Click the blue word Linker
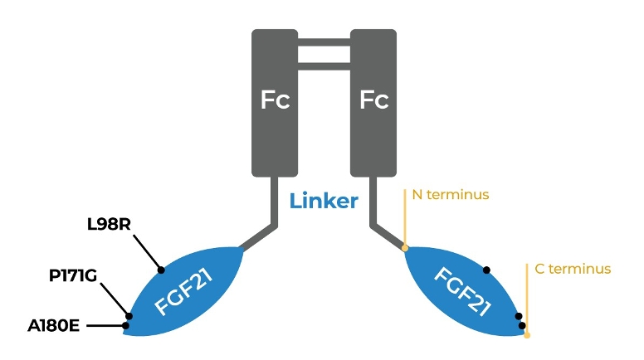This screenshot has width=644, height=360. [x=324, y=201]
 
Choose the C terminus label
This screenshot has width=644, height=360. [x=573, y=269]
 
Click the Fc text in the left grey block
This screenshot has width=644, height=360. [x=276, y=101]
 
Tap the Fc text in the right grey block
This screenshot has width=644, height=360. [x=373, y=101]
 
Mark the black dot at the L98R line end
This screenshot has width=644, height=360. [x=162, y=270]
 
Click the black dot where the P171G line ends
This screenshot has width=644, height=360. [x=129, y=315]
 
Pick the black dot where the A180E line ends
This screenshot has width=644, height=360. [x=125, y=325]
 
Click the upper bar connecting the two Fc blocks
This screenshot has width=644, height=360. [x=324, y=43]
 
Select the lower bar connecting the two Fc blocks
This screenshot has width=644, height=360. [x=324, y=66]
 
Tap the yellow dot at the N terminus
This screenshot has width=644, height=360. [x=405, y=247]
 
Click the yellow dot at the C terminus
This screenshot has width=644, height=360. [x=527, y=335]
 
